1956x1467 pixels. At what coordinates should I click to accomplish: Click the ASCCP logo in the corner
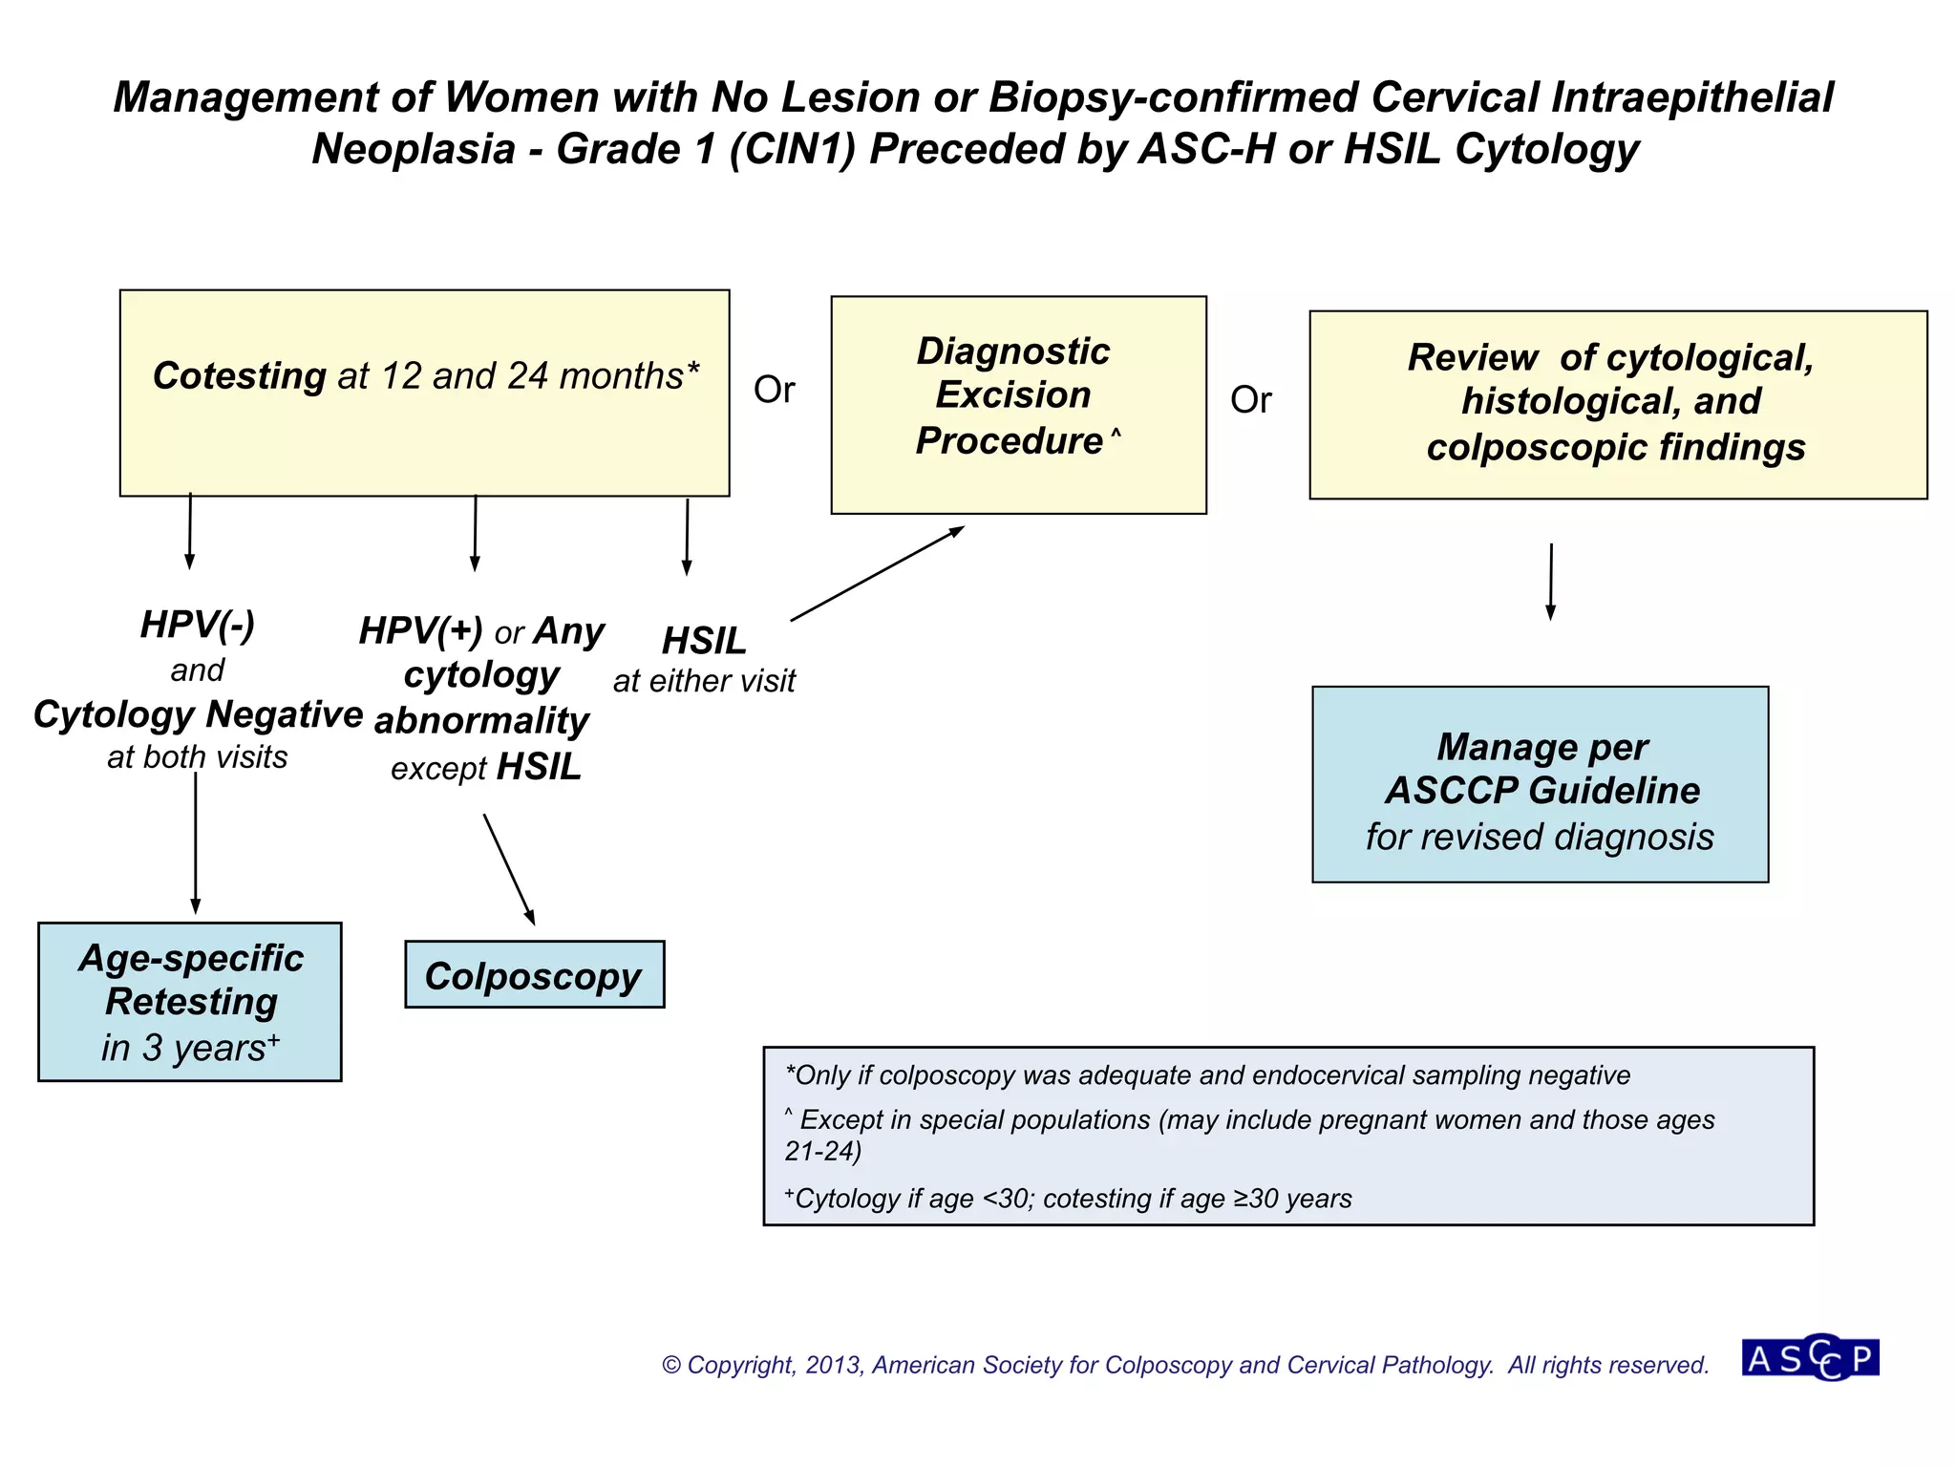point(1810,1357)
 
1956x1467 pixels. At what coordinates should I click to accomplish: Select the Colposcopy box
point(534,975)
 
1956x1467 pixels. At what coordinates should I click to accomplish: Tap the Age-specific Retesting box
point(190,1002)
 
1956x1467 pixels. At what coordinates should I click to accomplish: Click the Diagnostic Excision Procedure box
point(1018,404)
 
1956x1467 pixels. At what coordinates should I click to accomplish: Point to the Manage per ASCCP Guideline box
point(1540,784)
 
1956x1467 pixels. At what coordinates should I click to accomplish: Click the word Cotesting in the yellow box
point(240,376)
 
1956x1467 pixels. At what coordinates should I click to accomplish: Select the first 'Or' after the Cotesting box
point(774,390)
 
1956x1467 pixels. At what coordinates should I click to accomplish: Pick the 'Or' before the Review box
point(1250,400)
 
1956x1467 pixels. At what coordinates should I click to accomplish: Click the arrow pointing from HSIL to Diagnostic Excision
point(877,574)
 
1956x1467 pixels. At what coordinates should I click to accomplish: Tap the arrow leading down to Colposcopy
point(508,869)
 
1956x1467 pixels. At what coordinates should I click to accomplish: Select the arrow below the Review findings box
point(1551,582)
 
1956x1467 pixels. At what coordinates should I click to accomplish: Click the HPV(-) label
point(198,625)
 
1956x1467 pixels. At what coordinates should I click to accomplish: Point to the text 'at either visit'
point(704,681)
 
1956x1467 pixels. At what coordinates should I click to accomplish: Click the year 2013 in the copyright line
point(833,1365)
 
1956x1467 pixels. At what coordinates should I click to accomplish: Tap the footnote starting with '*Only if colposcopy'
point(1207,1075)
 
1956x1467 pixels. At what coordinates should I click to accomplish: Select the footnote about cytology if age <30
point(1068,1199)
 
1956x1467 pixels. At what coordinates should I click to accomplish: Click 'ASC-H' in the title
point(1206,149)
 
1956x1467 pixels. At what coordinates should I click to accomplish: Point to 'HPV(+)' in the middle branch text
point(421,631)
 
